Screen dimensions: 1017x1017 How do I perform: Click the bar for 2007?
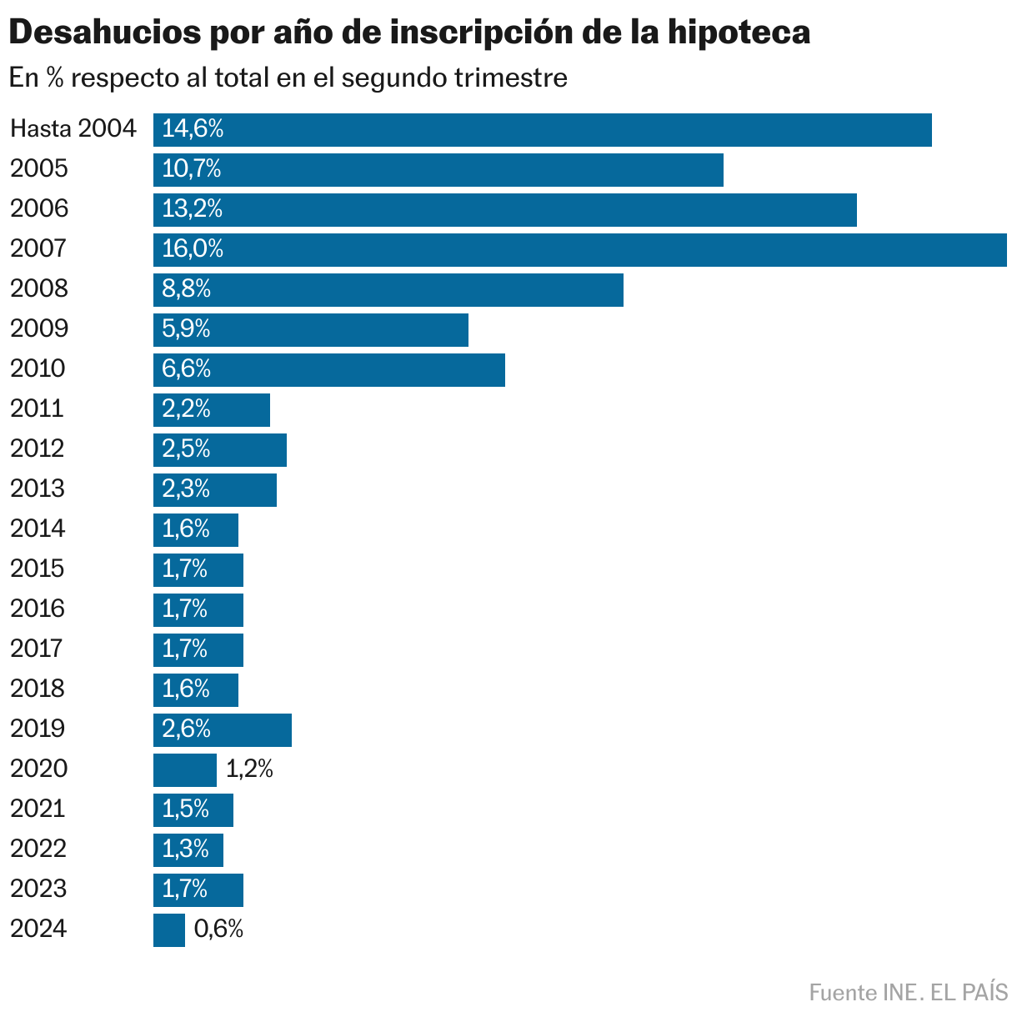579,250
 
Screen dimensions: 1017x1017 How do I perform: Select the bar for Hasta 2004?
542,130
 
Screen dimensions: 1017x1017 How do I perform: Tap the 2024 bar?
169,930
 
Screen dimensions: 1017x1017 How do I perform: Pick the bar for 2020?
185,770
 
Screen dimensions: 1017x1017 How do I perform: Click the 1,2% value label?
249,769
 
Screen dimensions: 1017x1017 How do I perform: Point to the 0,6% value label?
218,929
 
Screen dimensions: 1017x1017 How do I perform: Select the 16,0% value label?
193,248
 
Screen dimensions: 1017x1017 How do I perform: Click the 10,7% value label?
192,169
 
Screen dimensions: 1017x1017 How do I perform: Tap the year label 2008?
39,289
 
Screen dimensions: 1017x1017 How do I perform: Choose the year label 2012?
38,449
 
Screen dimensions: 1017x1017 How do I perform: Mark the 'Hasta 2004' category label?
73,128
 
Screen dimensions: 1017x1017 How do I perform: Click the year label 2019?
38,729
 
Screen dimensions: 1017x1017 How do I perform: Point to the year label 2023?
38,889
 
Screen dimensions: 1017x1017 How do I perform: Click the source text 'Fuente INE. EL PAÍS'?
908,993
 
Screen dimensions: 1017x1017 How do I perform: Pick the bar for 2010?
329,370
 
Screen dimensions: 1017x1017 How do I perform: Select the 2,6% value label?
187,729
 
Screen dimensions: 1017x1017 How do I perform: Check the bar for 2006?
505,210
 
